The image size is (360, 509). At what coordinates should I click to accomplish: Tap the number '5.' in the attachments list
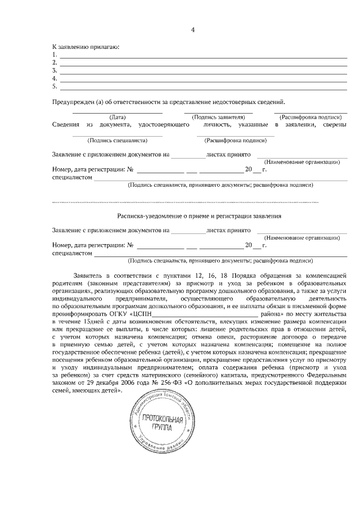click(55, 87)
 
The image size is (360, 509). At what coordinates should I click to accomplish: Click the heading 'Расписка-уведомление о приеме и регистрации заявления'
click(199, 216)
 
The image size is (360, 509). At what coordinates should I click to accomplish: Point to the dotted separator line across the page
click(186, 201)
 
